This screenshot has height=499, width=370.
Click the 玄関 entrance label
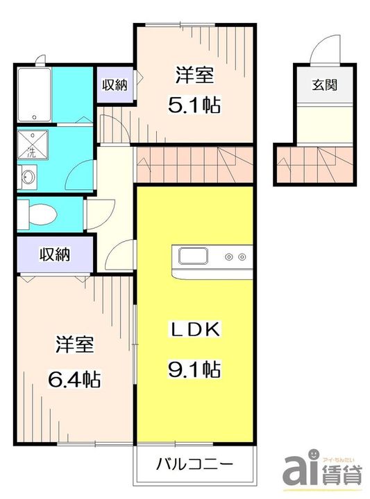tap(324, 85)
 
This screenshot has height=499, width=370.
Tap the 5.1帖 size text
tap(194, 105)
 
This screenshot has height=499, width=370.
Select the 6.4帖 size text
tap(74, 378)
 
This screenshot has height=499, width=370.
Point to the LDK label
tap(194, 329)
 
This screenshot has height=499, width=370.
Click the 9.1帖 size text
tap(194, 369)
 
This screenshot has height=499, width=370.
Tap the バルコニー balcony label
tap(194, 464)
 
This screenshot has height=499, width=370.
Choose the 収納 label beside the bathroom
tap(115, 85)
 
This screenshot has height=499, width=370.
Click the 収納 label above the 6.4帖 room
tap(55, 254)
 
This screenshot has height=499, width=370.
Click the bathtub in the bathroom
tap(35, 94)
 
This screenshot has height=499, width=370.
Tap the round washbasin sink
tap(28, 177)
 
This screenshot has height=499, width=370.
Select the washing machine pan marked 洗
tap(33, 144)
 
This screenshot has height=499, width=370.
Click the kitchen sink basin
tap(194, 256)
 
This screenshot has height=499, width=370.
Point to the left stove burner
tap(229, 256)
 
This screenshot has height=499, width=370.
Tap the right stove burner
tap(242, 256)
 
